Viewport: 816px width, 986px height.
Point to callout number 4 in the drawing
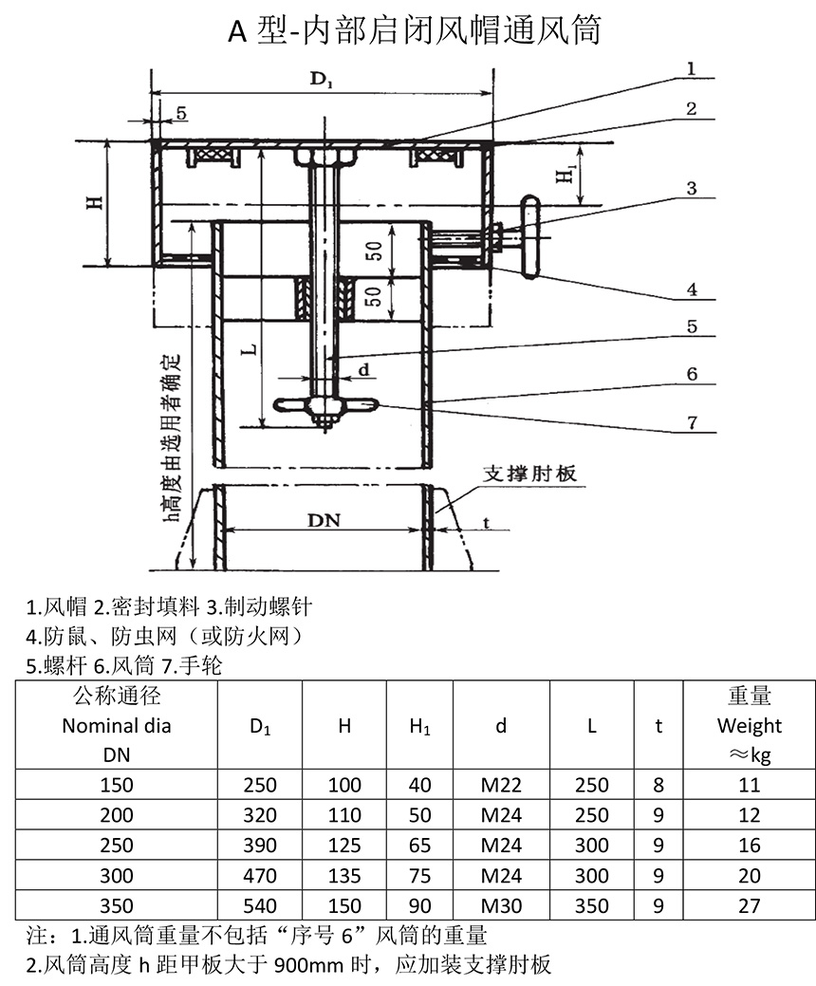(693, 288)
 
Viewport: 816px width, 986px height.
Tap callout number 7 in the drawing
(693, 421)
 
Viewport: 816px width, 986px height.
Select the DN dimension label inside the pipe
(325, 520)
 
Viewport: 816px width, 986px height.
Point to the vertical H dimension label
(93, 202)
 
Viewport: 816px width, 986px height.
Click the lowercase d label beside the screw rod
(363, 366)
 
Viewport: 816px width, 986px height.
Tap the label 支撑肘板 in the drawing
(530, 474)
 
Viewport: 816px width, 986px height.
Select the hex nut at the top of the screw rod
(325, 156)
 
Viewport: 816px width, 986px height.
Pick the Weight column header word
(749, 726)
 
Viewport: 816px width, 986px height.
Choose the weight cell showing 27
(749, 905)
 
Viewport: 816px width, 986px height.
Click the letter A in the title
(237, 31)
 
